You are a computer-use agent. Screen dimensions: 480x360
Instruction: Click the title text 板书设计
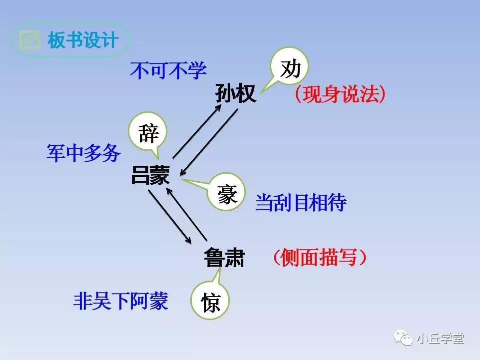[x=82, y=40]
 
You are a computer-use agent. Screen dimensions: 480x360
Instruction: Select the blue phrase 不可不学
[x=168, y=71]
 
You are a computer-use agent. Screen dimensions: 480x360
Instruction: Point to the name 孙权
[x=236, y=93]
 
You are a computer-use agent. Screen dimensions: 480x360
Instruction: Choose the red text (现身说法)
[x=340, y=94]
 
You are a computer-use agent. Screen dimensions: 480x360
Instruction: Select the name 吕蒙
[x=150, y=176]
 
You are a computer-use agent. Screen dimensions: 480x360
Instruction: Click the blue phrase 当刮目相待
[x=301, y=203]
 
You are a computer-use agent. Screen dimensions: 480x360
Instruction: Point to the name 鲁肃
[x=224, y=258]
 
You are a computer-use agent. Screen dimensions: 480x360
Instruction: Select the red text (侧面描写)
[x=320, y=257]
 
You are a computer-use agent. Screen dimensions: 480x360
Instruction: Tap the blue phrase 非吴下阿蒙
[x=120, y=302]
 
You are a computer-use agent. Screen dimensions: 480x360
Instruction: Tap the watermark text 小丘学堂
[x=440, y=339]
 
